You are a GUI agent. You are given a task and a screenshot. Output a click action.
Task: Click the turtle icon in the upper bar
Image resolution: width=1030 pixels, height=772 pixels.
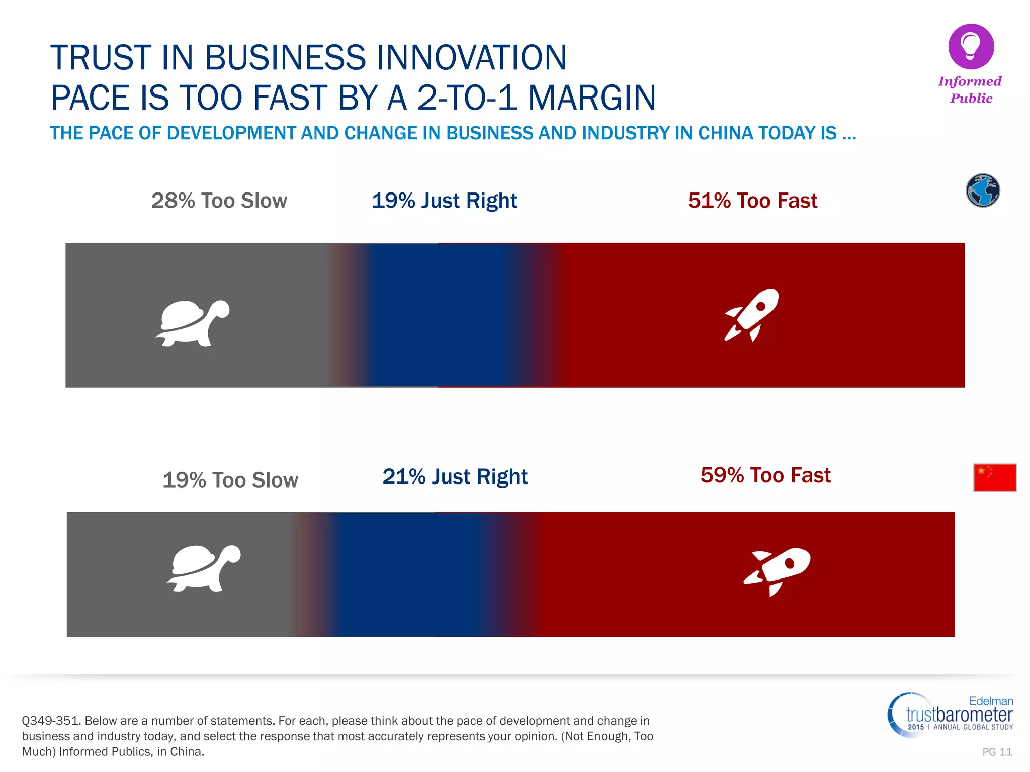[192, 323]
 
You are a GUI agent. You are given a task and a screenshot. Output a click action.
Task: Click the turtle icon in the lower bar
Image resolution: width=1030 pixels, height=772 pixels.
[204, 568]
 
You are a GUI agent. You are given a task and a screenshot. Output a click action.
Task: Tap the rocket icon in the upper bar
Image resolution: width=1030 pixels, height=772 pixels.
[752, 315]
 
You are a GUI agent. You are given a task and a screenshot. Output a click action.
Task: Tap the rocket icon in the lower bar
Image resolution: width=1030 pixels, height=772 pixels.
[778, 570]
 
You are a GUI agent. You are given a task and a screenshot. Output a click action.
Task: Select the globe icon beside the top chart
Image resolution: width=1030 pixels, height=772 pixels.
[983, 190]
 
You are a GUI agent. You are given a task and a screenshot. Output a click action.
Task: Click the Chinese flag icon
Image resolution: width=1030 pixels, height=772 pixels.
[995, 477]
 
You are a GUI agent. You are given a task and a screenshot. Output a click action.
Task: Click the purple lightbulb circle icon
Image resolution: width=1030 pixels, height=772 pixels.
[971, 47]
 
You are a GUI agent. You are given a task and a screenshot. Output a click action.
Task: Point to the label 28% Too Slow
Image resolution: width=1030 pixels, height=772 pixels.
[219, 201]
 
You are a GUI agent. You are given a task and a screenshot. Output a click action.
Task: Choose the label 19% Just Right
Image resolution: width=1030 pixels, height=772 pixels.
[444, 201]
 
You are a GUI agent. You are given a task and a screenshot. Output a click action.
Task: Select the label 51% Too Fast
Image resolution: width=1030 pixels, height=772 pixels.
[752, 201]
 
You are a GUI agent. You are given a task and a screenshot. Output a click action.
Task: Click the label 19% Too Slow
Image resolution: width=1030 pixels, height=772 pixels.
[230, 480]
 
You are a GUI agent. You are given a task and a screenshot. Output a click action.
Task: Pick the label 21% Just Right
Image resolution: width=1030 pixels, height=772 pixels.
[455, 476]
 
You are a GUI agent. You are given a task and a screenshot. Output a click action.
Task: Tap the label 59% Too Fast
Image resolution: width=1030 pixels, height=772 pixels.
[765, 475]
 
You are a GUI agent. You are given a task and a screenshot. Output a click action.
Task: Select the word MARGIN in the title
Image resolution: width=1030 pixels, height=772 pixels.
[592, 98]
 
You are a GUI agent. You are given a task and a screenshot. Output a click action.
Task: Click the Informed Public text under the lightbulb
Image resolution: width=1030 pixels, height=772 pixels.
[970, 89]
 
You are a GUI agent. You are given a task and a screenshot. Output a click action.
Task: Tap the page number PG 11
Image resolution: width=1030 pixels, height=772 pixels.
[997, 752]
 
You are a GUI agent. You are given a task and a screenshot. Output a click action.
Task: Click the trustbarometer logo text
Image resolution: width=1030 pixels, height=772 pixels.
[959, 714]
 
